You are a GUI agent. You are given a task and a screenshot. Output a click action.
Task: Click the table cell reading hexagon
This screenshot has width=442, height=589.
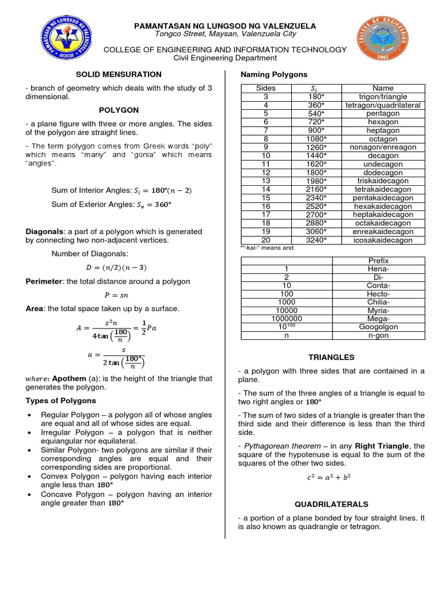[383, 122]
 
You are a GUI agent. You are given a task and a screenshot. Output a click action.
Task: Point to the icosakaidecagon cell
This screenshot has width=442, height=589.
[383, 240]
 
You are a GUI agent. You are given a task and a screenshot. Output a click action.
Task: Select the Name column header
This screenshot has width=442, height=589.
[383, 88]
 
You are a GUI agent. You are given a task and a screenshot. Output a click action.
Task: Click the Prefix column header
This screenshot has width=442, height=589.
[378, 261]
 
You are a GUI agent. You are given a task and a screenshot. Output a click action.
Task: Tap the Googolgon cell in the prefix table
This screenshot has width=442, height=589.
[378, 326]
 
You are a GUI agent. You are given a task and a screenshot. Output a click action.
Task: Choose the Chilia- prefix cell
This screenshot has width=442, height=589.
[378, 302]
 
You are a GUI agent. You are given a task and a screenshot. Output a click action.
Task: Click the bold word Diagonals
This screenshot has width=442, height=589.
[44, 231]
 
